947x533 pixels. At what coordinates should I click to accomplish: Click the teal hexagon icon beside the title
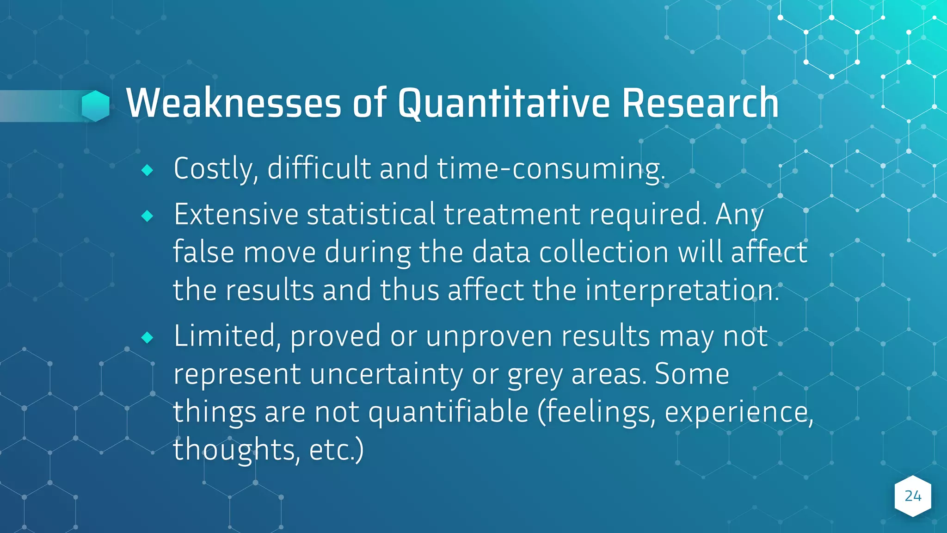click(96, 106)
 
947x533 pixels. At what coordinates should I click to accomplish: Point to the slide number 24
click(913, 496)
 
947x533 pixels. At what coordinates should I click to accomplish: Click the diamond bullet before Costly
click(147, 170)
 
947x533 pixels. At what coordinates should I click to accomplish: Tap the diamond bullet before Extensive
click(147, 216)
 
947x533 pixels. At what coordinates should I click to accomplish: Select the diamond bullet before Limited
click(147, 337)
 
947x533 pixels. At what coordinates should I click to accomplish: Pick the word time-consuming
click(550, 168)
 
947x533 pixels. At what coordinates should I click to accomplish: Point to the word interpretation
click(683, 291)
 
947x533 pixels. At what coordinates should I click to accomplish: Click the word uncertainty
click(386, 374)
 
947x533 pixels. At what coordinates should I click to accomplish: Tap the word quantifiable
click(449, 412)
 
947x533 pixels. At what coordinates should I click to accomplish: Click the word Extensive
click(236, 215)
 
